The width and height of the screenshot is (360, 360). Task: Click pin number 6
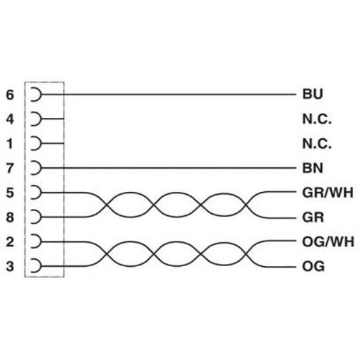(10, 95)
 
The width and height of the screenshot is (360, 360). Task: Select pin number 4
(10, 119)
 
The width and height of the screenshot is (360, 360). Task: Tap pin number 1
(10, 144)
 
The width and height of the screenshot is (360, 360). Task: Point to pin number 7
(10, 168)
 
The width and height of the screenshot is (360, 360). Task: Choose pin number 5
(10, 193)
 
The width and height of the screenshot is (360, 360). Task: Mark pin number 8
(10, 217)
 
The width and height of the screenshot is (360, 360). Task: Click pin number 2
(10, 241)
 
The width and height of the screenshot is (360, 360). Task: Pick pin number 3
(10, 266)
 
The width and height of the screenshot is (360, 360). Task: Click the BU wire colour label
(313, 94)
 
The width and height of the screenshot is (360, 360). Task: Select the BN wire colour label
(313, 168)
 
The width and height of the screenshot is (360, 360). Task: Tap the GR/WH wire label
(328, 193)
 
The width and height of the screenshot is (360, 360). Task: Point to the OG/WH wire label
(328, 241)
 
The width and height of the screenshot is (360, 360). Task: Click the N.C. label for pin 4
(317, 119)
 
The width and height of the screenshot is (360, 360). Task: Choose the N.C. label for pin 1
(317, 144)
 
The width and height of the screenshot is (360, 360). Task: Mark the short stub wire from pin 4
(52, 119)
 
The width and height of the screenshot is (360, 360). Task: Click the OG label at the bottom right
(313, 266)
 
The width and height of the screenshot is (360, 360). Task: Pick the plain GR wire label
(313, 217)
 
